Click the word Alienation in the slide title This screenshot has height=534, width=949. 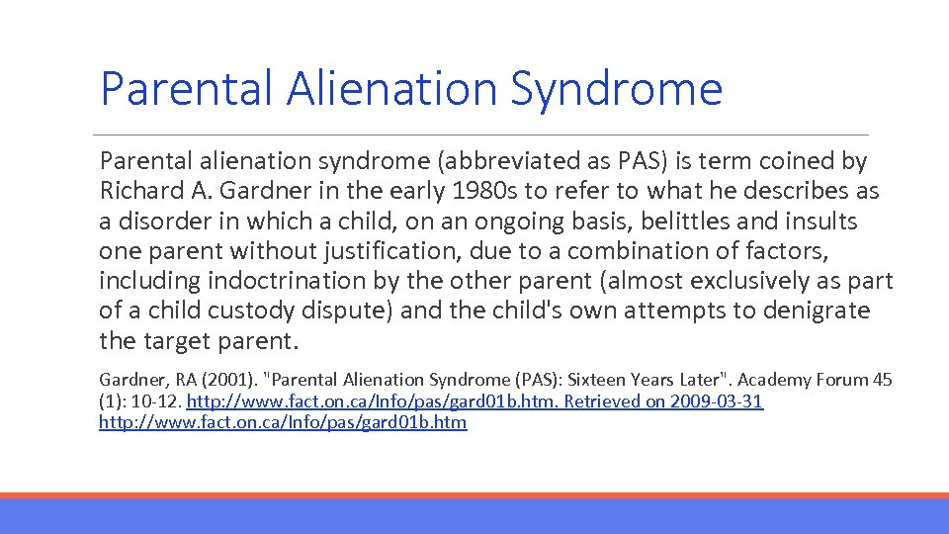point(391,88)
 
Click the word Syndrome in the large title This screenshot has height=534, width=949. point(616,90)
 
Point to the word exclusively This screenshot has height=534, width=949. point(691,280)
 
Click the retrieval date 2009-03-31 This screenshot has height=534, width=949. point(716,401)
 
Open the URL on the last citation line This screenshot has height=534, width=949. point(283,423)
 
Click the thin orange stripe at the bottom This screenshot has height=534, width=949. point(474,495)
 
